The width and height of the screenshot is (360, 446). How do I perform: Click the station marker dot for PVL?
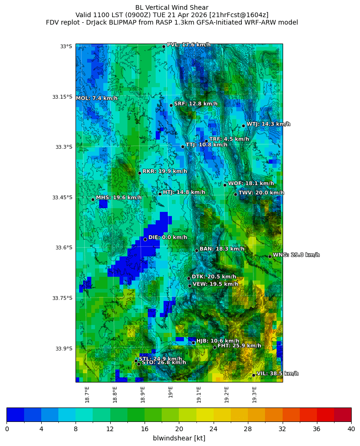click(x=164, y=46)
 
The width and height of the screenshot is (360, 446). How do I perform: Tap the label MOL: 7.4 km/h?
click(x=96, y=98)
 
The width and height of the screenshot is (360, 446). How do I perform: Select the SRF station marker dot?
click(x=171, y=105)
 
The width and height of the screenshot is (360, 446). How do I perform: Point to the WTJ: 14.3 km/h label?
click(x=268, y=124)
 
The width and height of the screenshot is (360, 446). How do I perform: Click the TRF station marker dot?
click(x=206, y=141)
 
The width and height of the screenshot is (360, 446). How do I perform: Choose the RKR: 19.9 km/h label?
click(x=164, y=172)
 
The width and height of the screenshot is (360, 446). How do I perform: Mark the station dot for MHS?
click(x=93, y=199)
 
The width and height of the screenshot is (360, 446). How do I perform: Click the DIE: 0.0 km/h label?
click(x=168, y=237)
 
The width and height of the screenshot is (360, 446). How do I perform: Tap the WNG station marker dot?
click(x=270, y=256)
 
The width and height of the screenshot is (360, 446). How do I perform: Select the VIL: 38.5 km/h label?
click(x=278, y=374)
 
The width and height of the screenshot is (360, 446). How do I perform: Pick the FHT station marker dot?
click(x=215, y=347)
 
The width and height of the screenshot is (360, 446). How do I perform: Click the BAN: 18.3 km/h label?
click(x=222, y=249)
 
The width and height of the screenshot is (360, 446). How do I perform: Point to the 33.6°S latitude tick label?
click(x=63, y=248)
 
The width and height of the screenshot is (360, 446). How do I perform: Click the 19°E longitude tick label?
click(x=171, y=392)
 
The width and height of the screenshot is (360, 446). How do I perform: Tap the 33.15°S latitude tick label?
click(x=62, y=97)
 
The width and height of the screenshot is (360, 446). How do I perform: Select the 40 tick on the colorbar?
click(x=351, y=429)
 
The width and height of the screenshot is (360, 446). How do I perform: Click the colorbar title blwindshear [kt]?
click(x=179, y=438)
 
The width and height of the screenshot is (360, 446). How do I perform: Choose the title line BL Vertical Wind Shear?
click(x=172, y=7)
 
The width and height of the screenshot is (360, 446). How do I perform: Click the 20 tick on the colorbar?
click(x=179, y=429)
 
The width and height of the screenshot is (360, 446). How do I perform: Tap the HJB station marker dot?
click(x=193, y=343)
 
